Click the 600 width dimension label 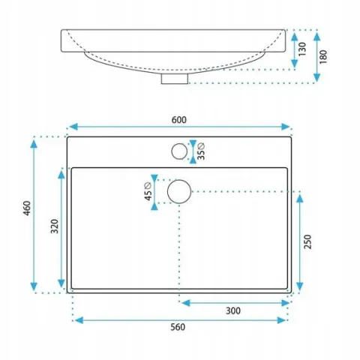(x=179, y=120)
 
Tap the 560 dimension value (x=178, y=327)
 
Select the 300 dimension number (x=233, y=310)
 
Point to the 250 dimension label (x=307, y=241)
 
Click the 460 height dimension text (x=27, y=208)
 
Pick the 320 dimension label (x=55, y=226)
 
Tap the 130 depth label (x=302, y=49)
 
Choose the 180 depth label (x=323, y=57)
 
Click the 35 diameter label (x=201, y=151)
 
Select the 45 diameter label (x=148, y=191)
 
